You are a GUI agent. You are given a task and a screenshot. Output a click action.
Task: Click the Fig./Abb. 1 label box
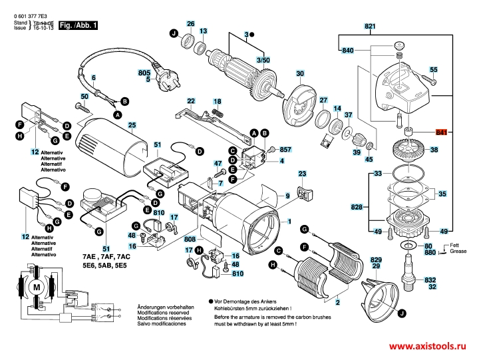pyautogui.click(x=78, y=25)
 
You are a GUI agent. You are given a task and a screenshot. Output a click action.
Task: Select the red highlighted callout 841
pyautogui.click(x=441, y=132)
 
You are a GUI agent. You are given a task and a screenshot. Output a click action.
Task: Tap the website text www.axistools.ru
pyautogui.click(x=427, y=347)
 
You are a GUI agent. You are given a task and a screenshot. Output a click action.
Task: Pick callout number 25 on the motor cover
pyautogui.click(x=132, y=125)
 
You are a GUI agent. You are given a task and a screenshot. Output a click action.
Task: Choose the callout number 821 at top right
pyautogui.click(x=370, y=26)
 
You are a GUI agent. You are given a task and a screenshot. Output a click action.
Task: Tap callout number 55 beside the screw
pyautogui.click(x=434, y=70)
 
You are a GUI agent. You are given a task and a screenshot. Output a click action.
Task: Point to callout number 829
pyautogui.click(x=376, y=259)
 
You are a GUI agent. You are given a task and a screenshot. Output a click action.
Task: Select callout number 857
pyautogui.click(x=285, y=150)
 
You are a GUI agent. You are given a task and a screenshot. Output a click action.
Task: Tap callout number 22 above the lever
pyautogui.click(x=191, y=101)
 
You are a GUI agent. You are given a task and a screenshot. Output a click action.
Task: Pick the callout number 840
pyautogui.click(x=347, y=51)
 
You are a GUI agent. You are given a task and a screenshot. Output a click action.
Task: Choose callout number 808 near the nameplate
pyautogui.click(x=190, y=238)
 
